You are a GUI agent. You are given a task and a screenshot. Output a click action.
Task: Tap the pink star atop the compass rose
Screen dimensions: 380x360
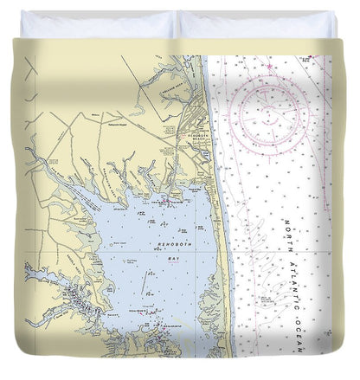pyautogui.click(x=269, y=66)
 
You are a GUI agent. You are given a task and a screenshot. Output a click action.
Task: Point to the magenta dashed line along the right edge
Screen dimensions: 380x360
pyautogui.click(x=326, y=173)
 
